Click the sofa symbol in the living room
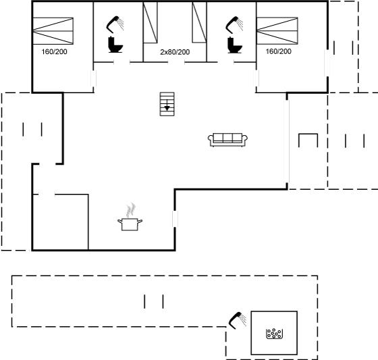click(x=227, y=140)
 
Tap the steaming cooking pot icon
click(x=130, y=217)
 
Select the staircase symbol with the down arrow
click(x=167, y=104)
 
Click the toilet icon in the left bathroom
click(x=115, y=45)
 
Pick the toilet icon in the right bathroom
click(x=234, y=45)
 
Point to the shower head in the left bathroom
click(x=115, y=24)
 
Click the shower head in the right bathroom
click(x=234, y=24)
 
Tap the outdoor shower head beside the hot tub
click(x=238, y=320)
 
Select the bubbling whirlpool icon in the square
click(x=274, y=334)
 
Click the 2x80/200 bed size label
click(x=175, y=52)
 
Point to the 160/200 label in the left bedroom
click(x=54, y=51)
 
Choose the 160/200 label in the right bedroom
click(x=278, y=51)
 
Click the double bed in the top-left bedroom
click(x=53, y=31)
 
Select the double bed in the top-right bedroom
click(x=277, y=30)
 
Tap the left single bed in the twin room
click(x=150, y=23)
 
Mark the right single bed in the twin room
click(x=199, y=22)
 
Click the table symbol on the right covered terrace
click(x=308, y=140)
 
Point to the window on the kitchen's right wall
click(x=175, y=219)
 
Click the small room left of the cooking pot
click(x=61, y=222)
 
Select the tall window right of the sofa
click(x=287, y=141)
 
